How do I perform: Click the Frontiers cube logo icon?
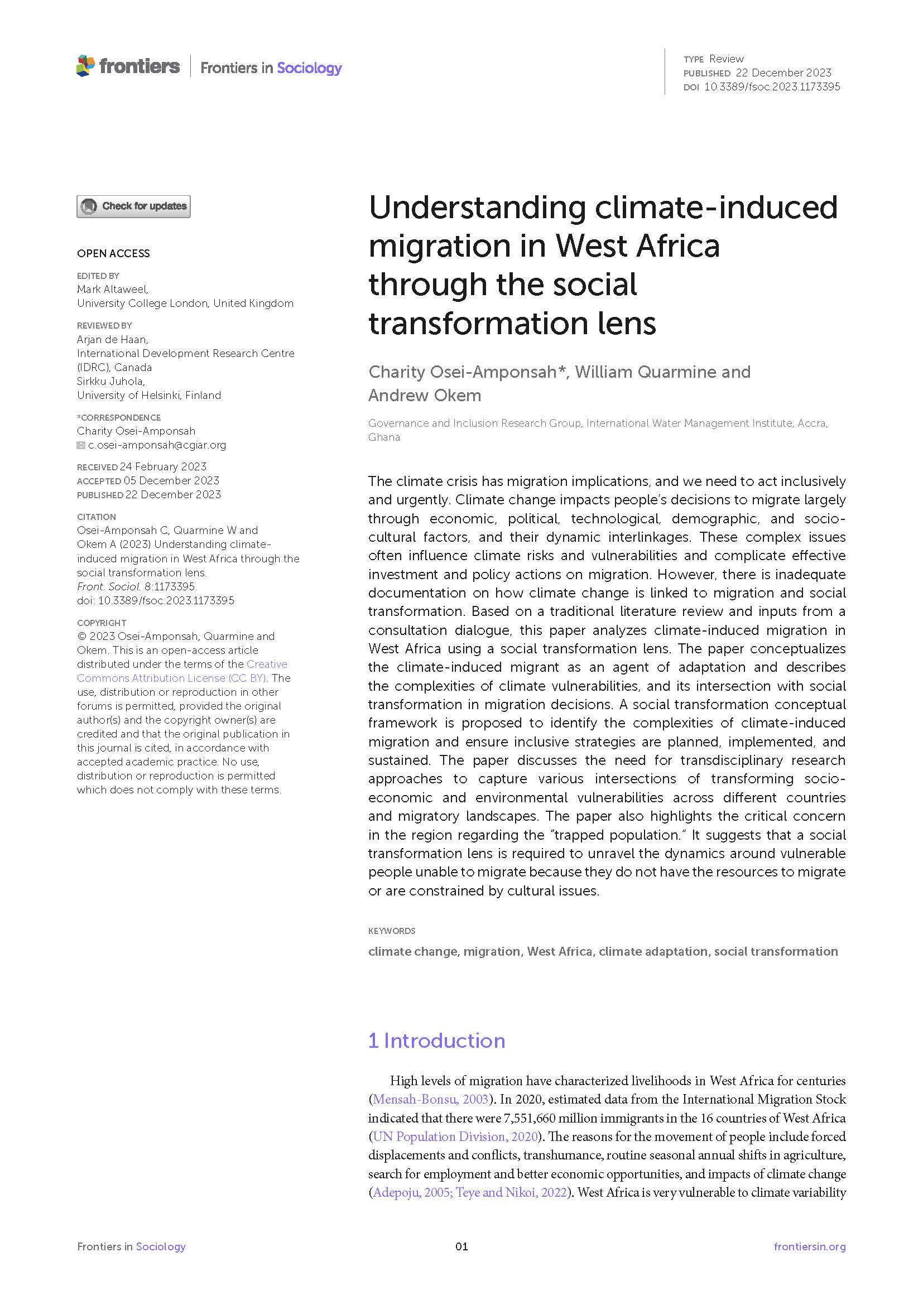click(x=85, y=66)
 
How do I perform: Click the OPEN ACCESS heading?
click(x=113, y=253)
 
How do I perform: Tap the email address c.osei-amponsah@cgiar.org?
click(x=157, y=445)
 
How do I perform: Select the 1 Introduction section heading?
click(x=436, y=1041)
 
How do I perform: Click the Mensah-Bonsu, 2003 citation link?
click(x=430, y=1099)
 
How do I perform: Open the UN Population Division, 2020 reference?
click(x=455, y=1137)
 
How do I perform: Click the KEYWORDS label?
click(x=392, y=931)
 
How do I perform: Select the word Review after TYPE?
click(x=727, y=59)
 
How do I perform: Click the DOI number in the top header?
click(x=772, y=87)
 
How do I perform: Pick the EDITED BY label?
click(x=98, y=276)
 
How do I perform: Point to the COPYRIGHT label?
click(x=102, y=623)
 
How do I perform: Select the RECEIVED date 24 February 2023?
click(x=163, y=466)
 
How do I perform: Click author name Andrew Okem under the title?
click(x=425, y=395)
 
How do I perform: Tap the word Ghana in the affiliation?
click(x=384, y=437)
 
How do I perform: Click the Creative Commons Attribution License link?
click(x=182, y=671)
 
